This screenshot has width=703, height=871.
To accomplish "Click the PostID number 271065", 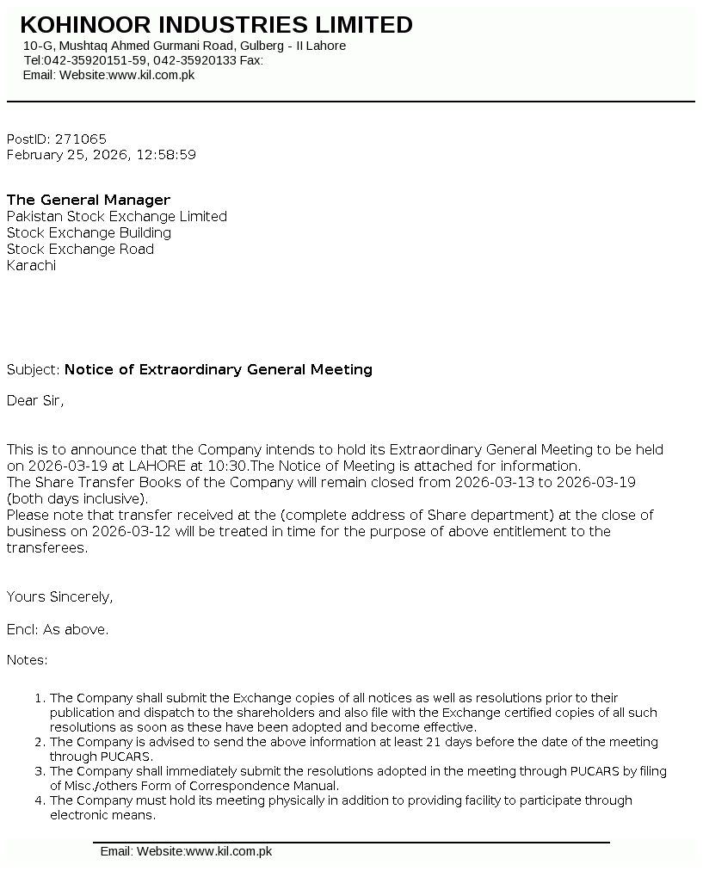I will [81, 139].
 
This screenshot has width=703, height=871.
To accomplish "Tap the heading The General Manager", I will [89, 200].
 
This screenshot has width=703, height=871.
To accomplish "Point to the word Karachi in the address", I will [31, 265].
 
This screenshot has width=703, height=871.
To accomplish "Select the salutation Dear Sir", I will [34, 400].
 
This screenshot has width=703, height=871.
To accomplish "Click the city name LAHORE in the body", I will [157, 466].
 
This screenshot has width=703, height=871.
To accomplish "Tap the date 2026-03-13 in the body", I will [494, 482].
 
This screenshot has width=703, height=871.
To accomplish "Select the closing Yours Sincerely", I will [59, 596].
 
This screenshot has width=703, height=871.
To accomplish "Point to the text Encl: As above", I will [58, 629].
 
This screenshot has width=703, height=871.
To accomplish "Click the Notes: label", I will [28, 660].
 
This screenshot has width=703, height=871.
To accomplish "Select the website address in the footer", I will [229, 851].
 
